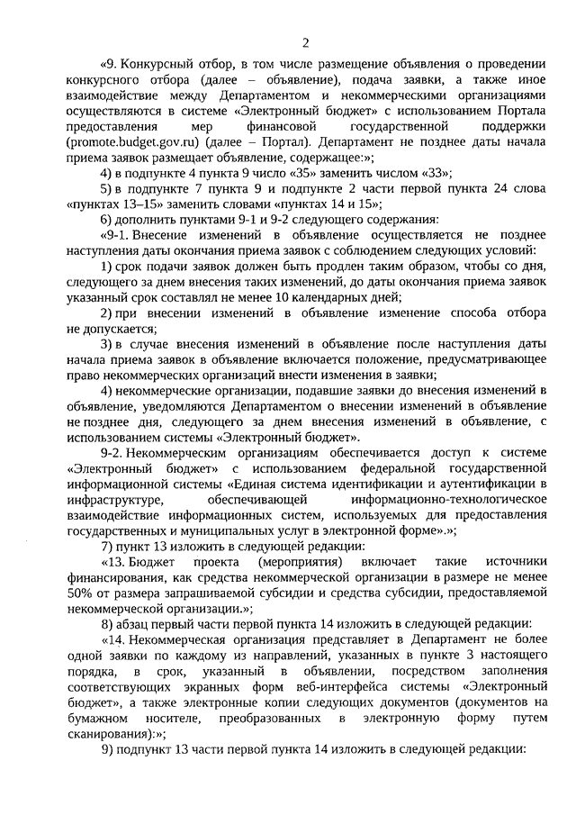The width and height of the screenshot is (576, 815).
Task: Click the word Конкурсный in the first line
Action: click(156, 65)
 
